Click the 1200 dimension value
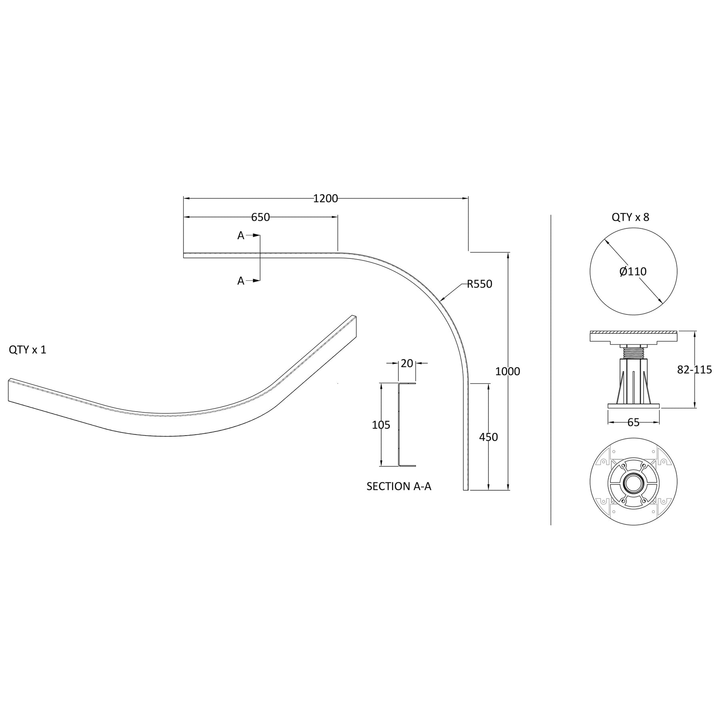(x=325, y=198)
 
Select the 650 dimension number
(x=260, y=217)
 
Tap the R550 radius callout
(x=480, y=284)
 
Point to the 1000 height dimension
(x=508, y=371)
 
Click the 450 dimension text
(x=488, y=437)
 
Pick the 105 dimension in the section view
(x=381, y=425)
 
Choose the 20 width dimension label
(x=407, y=363)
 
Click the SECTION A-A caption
(x=399, y=486)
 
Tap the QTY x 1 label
(x=28, y=350)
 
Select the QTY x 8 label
(x=630, y=217)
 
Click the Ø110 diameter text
(x=633, y=272)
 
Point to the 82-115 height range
(x=694, y=370)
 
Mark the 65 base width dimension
(x=633, y=422)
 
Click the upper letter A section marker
(x=240, y=236)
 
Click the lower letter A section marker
(x=240, y=281)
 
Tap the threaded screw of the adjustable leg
(x=633, y=352)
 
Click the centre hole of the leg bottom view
(x=633, y=482)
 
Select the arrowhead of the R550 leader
(x=441, y=300)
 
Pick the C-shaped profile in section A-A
(x=400, y=425)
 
